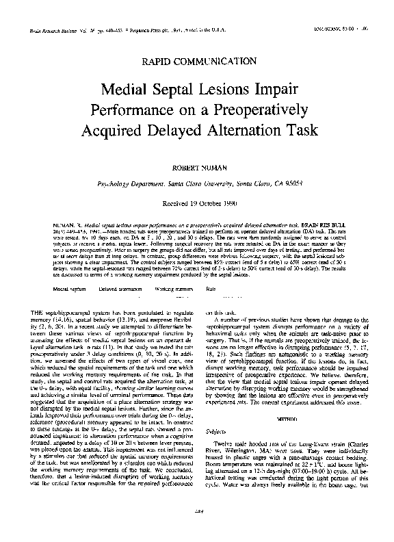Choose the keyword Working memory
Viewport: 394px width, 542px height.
click(x=170, y=289)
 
